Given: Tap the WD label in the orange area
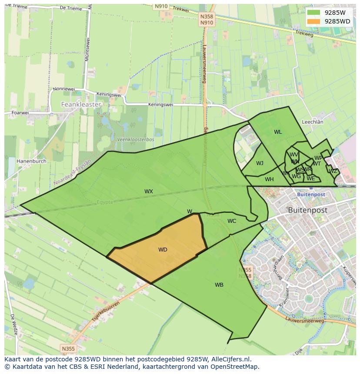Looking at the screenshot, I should click(x=163, y=249).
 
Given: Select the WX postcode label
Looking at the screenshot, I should click(x=149, y=191).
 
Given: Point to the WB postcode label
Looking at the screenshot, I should click(x=219, y=285).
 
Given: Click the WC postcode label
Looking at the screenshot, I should click(x=232, y=221).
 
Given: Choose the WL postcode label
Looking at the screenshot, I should click(x=278, y=132).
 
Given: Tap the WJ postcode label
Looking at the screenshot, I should click(x=260, y=163).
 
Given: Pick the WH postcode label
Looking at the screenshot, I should click(x=269, y=179).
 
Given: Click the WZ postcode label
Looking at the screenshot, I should click(x=333, y=171).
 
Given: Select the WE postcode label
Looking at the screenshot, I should click(x=310, y=179).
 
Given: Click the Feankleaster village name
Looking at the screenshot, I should click(x=81, y=105).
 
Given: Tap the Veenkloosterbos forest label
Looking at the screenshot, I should click(x=136, y=139).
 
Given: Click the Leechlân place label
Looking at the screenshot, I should click(x=312, y=122).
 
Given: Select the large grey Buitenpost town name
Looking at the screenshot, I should click(x=307, y=210).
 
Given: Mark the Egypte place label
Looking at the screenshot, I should click(x=104, y=202).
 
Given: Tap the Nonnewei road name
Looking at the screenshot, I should click(x=63, y=89).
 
